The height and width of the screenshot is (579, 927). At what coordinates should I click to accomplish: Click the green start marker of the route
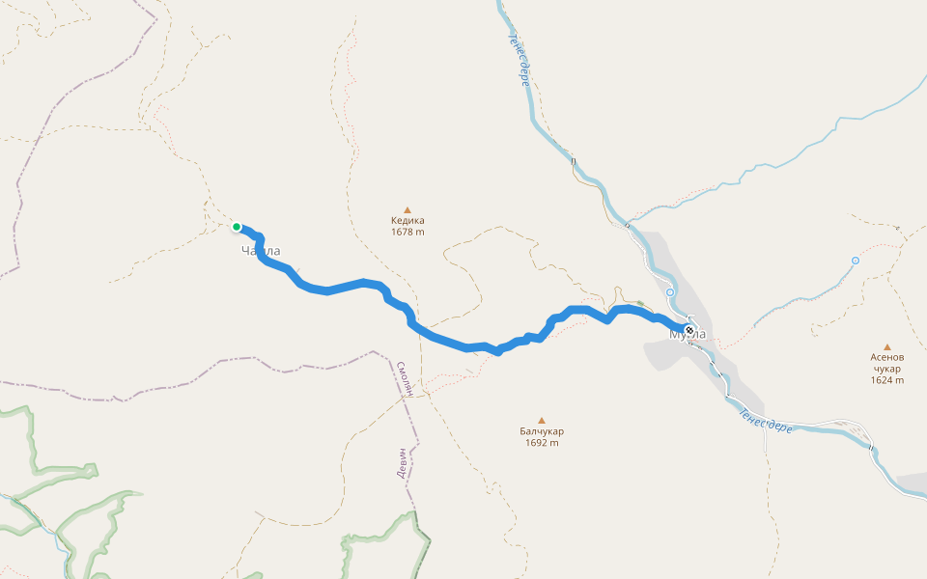click(x=237, y=227)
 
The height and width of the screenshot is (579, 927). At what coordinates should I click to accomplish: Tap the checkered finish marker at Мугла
click(x=689, y=331)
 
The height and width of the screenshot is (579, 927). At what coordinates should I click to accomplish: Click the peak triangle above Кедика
click(x=407, y=209)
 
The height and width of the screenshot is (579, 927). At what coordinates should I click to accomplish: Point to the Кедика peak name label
click(x=407, y=220)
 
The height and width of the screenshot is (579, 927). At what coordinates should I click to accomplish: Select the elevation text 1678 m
click(x=407, y=232)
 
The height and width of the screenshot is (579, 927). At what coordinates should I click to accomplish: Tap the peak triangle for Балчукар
click(x=542, y=420)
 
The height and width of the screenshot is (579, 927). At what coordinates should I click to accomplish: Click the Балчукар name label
click(x=542, y=431)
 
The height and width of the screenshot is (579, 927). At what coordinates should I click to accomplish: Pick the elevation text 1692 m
click(x=542, y=443)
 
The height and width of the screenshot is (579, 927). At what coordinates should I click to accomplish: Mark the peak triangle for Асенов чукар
click(x=886, y=347)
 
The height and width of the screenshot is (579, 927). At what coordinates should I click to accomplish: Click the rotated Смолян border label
click(x=407, y=380)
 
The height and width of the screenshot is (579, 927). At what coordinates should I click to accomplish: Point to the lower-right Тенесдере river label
click(x=766, y=419)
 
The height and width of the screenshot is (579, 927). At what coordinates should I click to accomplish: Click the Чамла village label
click(x=261, y=251)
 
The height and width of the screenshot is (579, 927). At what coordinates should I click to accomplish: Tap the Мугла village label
click(x=688, y=335)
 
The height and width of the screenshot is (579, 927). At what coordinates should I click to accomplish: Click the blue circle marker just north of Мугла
click(x=670, y=291)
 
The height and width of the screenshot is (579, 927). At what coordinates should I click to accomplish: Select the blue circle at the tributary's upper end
click(x=856, y=261)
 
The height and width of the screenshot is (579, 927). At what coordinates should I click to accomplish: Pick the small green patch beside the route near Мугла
click(x=640, y=303)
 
